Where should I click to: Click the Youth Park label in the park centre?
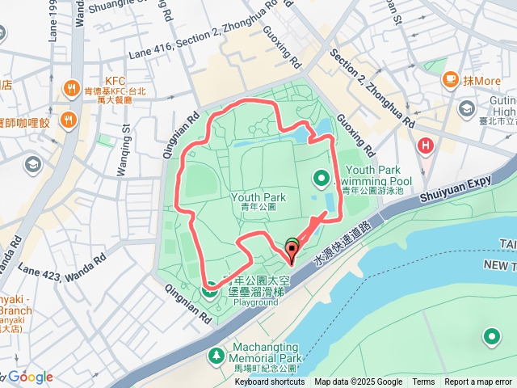pos(258,197)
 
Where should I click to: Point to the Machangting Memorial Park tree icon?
pos(216,355)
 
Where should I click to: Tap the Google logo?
pos(30,377)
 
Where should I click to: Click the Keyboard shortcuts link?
pos(270,382)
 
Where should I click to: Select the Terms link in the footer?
pos(423,382)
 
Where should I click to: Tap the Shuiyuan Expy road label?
pos(456,188)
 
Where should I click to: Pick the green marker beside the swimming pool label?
pos(321,178)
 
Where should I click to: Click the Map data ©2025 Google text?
pos(358,382)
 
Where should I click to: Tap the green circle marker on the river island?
pos(491,336)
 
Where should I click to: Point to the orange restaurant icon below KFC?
pos(67,121)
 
